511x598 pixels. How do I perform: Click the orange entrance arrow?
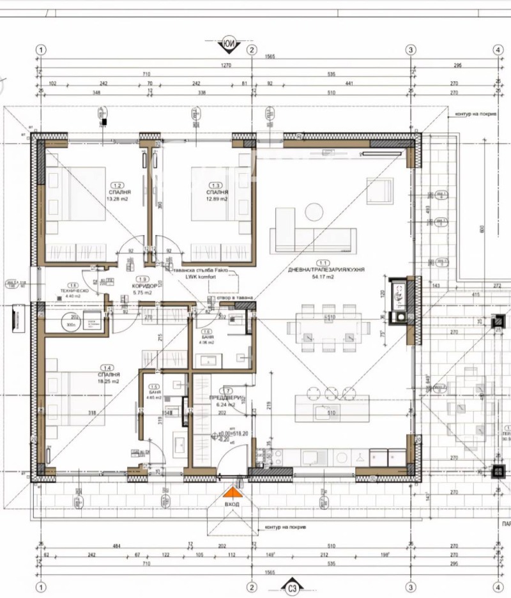click(x=234, y=492)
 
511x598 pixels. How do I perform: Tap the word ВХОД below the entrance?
click(x=233, y=504)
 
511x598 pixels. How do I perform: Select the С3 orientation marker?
click(x=293, y=588)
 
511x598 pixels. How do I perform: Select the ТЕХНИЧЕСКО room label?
click(x=73, y=291)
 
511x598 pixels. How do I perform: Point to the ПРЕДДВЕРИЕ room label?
click(x=224, y=397)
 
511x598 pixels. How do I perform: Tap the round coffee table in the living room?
click(x=314, y=210)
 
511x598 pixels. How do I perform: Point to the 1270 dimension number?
click(x=225, y=65)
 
